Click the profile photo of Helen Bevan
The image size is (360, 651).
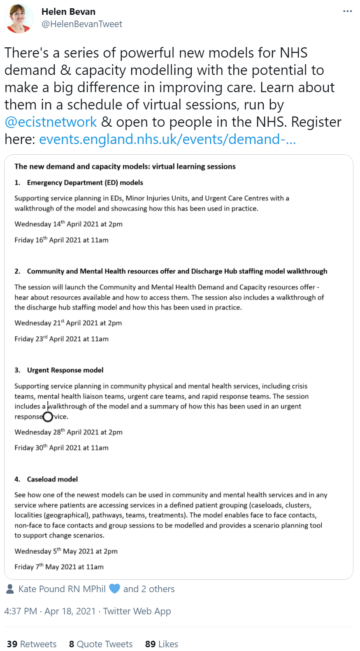tap(19, 19)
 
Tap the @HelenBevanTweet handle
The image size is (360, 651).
tap(81, 24)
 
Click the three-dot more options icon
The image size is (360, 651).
tap(348, 11)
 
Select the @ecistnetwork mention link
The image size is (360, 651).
tap(51, 122)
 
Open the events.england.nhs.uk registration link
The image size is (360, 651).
tap(167, 139)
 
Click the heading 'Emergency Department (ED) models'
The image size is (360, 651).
tap(85, 183)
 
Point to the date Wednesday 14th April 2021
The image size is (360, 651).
tap(68, 224)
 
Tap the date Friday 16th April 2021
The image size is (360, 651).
tap(61, 240)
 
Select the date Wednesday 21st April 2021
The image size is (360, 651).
tap(68, 323)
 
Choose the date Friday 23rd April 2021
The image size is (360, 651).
tap(61, 339)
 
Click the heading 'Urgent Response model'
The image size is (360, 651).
tap(65, 370)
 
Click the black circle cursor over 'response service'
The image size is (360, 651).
tap(48, 417)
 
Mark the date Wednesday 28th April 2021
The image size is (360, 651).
tap(68, 432)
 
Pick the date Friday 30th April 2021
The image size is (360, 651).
tap(61, 448)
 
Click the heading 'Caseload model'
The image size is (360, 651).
tap(52, 479)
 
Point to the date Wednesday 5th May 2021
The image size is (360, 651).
tap(66, 551)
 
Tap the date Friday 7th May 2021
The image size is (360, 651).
tap(59, 567)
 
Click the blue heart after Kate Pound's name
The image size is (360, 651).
tap(114, 589)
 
